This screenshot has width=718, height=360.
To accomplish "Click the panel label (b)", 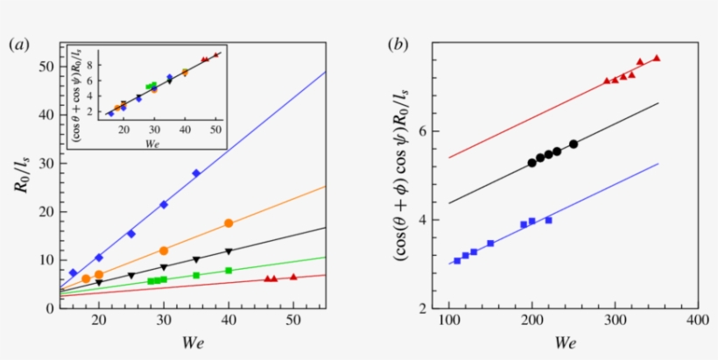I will pos(400,45).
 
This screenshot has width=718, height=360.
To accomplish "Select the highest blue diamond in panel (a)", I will pos(196,173).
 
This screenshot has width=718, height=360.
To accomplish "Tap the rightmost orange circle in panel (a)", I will pos(229,223).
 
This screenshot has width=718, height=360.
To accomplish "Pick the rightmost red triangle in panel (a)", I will pos(293,277).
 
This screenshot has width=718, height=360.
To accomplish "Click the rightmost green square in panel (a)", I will pos(229,271).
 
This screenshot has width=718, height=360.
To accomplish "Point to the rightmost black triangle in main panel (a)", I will pos(229,252).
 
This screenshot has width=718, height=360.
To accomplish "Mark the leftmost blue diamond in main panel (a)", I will pos(74,272).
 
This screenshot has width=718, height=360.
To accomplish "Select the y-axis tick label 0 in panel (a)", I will pos(53,308).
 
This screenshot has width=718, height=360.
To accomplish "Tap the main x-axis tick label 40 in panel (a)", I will pos(229,321).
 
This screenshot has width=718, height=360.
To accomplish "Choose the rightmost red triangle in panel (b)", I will pos(657,58).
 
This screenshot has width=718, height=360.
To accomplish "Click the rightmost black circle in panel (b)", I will pos(574,144).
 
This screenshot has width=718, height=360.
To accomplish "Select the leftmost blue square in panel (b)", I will pos(457,260).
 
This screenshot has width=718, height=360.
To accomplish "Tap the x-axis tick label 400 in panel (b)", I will pos(698,321).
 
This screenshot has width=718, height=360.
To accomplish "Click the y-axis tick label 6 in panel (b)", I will pos(426,131).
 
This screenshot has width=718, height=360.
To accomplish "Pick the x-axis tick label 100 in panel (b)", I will pos(448,321).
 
